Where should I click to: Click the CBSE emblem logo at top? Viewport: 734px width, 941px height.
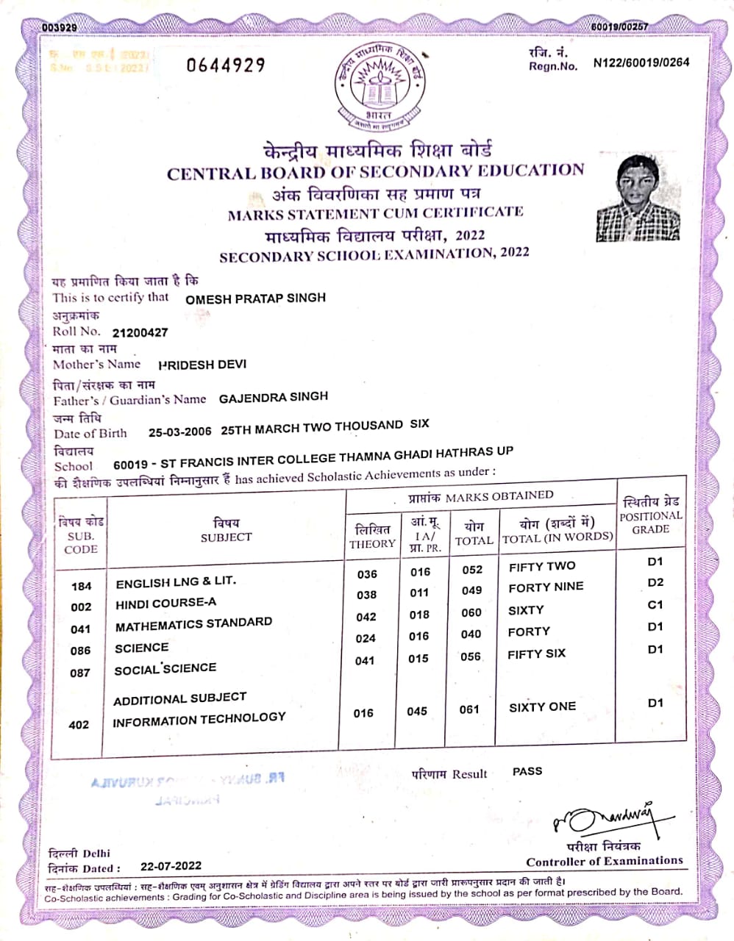[x=380, y=87]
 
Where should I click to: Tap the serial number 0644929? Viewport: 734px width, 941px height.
[x=225, y=65]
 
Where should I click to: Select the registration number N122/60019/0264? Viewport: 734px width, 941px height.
[x=641, y=62]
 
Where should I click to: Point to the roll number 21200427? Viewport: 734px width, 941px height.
[x=140, y=332]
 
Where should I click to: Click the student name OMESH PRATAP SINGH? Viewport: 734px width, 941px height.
[x=255, y=298]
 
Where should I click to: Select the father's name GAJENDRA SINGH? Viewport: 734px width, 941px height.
[x=274, y=397]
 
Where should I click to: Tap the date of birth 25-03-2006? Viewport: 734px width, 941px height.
[x=179, y=432]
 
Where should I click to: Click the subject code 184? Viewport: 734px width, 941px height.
[x=82, y=586]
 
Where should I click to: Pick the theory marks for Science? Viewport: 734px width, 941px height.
[x=366, y=638]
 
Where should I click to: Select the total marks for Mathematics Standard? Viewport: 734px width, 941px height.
[x=471, y=612]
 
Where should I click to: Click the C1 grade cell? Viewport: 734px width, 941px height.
[x=655, y=604]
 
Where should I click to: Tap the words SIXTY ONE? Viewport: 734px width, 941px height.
[x=542, y=707]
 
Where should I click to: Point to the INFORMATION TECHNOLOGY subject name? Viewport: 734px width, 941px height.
[x=199, y=719]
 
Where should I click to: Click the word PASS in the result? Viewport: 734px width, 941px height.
[x=527, y=771]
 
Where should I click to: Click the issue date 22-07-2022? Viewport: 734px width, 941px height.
[x=171, y=866]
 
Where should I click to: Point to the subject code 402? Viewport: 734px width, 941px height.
[x=79, y=725]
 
